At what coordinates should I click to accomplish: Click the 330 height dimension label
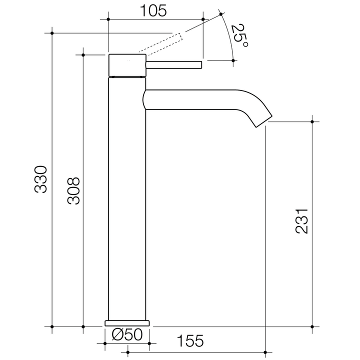tap(41, 179)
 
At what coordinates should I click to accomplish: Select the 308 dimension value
tap(73, 190)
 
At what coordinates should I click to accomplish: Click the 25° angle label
tap(239, 36)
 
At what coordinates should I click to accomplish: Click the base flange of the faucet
tap(127, 322)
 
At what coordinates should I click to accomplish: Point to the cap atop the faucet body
tap(127, 64)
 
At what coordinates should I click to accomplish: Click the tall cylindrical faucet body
tap(127, 200)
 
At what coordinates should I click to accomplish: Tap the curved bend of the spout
tap(255, 102)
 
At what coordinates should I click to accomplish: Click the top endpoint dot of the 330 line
tap(52, 33)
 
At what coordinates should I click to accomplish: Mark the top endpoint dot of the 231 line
tap(312, 121)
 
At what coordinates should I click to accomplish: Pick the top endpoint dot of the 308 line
tap(83, 54)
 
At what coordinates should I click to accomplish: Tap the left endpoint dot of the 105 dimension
tap(108, 19)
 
